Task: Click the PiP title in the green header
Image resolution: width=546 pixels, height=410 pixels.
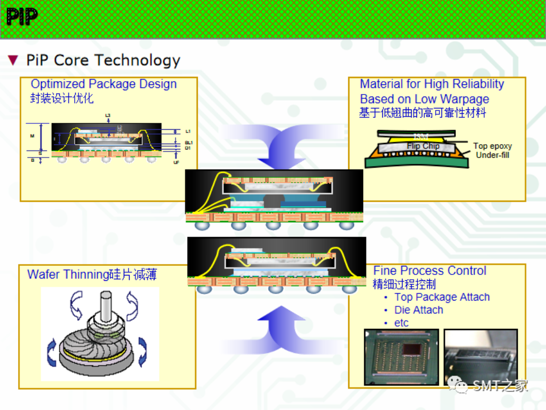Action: [x=22, y=17]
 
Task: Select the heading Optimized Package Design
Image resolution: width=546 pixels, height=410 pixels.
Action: [x=103, y=84]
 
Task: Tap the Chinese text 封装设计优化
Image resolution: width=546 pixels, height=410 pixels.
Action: [x=62, y=98]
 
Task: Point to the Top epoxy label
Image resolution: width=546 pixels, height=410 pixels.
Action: [x=492, y=146]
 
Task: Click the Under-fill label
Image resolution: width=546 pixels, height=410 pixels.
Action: [x=492, y=155]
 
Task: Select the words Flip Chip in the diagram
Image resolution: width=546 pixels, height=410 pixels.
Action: [x=423, y=146]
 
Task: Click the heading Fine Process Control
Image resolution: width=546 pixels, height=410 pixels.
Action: [x=429, y=271]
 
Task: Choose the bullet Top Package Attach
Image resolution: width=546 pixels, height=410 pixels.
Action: [x=441, y=297]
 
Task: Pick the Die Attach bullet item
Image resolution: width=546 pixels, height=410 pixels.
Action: [x=419, y=310]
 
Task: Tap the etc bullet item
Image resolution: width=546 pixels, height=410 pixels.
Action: [x=401, y=322]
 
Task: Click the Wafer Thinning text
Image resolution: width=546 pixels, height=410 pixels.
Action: [x=68, y=274]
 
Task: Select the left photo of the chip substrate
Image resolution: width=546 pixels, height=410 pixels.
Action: [x=401, y=357]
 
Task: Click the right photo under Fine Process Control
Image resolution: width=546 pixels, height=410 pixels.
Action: [x=480, y=357]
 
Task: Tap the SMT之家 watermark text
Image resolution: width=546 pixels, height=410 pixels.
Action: [x=500, y=385]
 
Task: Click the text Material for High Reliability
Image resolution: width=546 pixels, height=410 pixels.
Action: [x=431, y=84]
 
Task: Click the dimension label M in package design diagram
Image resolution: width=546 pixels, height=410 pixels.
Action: [x=32, y=136]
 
